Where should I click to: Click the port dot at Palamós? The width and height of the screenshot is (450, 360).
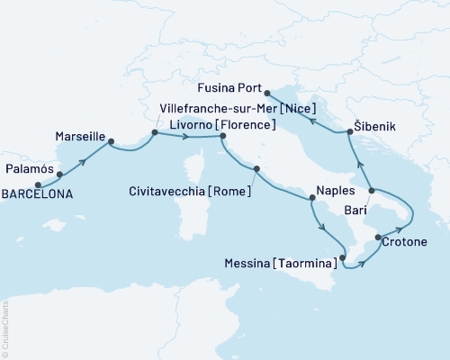(59, 175)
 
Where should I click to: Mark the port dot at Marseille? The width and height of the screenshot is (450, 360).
(111, 139)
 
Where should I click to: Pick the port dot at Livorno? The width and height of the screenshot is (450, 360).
(222, 137)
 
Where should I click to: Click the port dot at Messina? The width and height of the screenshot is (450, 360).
(342, 258)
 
